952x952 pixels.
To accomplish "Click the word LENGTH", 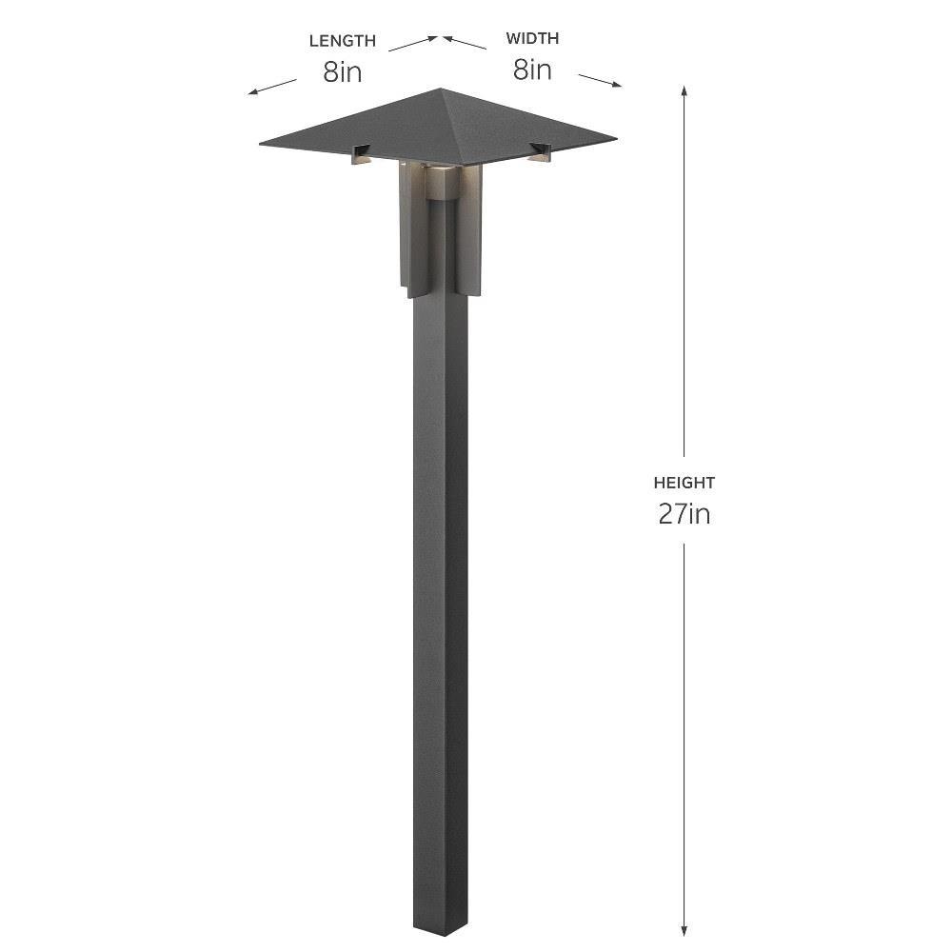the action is (x=343, y=41).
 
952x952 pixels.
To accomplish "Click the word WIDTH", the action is (x=532, y=38).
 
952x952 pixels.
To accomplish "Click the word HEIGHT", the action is (x=684, y=483).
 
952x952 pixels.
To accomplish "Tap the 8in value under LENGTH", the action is (x=343, y=71).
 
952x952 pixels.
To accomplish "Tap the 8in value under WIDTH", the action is (x=532, y=69).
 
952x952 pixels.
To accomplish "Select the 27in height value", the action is (x=684, y=514).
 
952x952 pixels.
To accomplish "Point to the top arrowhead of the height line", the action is (x=684, y=91).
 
